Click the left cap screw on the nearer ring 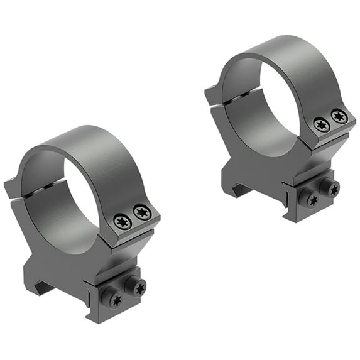tap(123, 221)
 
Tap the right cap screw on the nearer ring tap(143, 212)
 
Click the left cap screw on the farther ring tap(321, 125)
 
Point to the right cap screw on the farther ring tap(339, 116)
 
